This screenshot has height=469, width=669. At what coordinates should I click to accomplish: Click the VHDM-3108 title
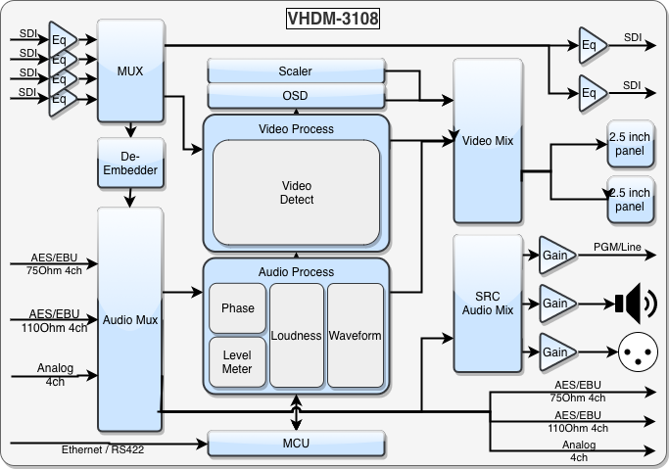[x=334, y=18]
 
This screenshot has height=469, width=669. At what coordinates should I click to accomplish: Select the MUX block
[x=129, y=70]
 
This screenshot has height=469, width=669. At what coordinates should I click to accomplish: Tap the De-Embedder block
[x=129, y=164]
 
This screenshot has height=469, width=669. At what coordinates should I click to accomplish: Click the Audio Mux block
[x=129, y=319]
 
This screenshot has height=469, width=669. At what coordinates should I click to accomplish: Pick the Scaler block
[x=295, y=71]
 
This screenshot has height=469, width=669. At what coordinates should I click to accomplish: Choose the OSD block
[x=295, y=95]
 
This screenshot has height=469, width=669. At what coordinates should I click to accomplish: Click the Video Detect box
[x=296, y=193]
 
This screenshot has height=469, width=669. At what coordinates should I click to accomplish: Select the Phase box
[x=237, y=308]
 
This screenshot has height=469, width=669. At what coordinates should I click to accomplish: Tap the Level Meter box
[x=237, y=361]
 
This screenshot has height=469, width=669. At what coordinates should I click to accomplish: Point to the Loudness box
[x=297, y=335]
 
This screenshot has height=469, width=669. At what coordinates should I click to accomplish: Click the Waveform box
[x=355, y=335]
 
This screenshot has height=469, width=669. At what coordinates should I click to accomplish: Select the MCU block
[x=295, y=444]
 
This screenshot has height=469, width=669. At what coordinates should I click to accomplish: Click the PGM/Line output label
[x=617, y=247]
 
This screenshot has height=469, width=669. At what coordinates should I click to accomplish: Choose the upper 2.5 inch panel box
[x=629, y=144]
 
